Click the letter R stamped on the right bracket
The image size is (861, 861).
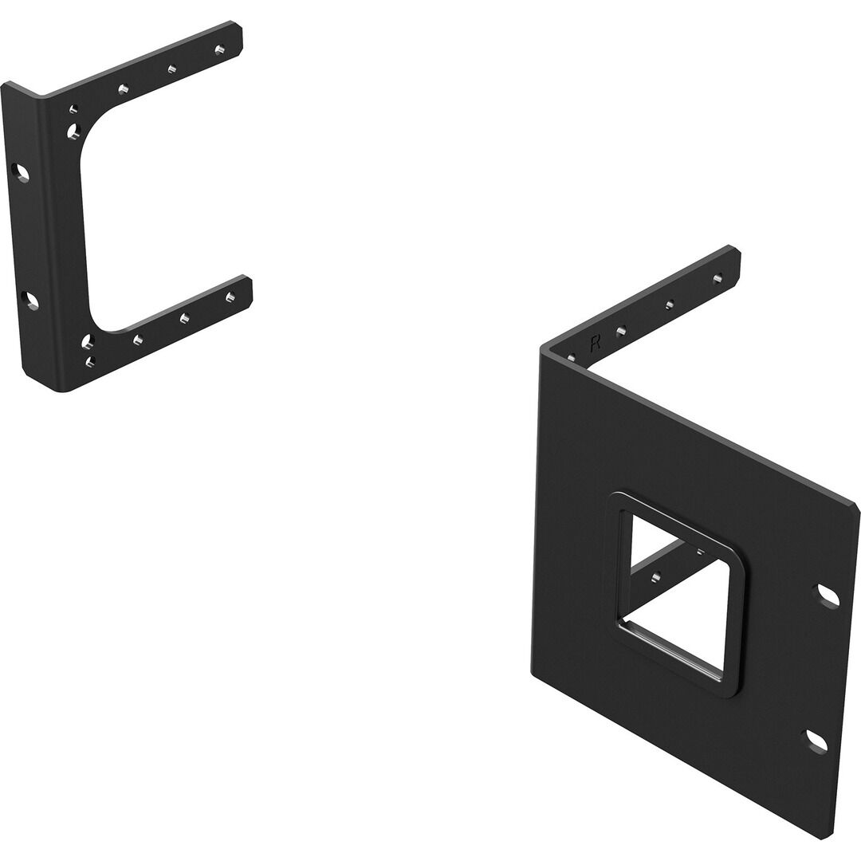click(x=594, y=344)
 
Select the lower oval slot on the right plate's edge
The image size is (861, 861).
click(x=816, y=742)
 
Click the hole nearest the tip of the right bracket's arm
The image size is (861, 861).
click(x=717, y=278)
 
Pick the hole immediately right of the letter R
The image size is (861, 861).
click(x=621, y=331)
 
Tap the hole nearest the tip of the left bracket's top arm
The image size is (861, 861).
click(x=220, y=50)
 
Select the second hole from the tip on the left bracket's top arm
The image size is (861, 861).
click(x=172, y=69)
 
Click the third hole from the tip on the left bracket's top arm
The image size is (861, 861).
click(x=124, y=88)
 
